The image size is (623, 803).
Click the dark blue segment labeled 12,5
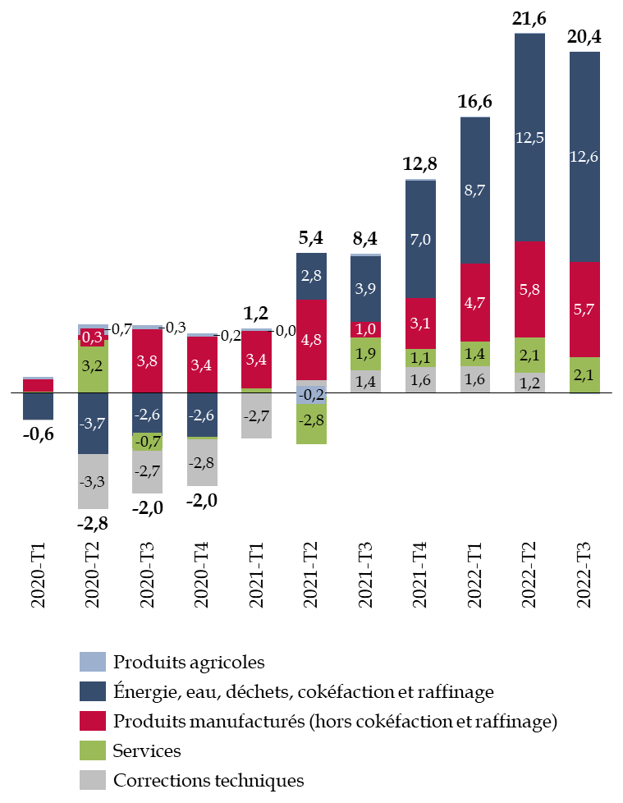[x=529, y=137]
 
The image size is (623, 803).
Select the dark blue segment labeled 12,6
[x=584, y=157]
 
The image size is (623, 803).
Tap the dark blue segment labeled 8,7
[x=474, y=190]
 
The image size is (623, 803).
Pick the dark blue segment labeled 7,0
[x=420, y=239]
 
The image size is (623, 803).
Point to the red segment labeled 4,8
[x=311, y=340]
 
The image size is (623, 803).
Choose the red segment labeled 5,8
[x=529, y=289]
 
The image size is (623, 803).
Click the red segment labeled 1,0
[x=365, y=329]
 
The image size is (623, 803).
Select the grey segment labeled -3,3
[x=93, y=481]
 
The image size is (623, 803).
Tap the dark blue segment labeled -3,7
[x=93, y=424]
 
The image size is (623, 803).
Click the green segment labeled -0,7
[x=147, y=442]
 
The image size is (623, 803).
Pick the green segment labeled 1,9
[x=365, y=354]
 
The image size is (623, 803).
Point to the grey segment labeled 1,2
[x=529, y=383]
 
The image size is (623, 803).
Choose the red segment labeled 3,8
[x=147, y=360]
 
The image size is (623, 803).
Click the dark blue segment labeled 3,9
[x=365, y=288]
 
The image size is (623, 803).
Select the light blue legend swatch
[x=93, y=662]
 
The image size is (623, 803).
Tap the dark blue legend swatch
[x=93, y=691]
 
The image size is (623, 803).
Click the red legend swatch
[x=93, y=721]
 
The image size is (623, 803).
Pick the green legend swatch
[x=93, y=750]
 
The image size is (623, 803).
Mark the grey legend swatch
[x=93, y=780]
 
